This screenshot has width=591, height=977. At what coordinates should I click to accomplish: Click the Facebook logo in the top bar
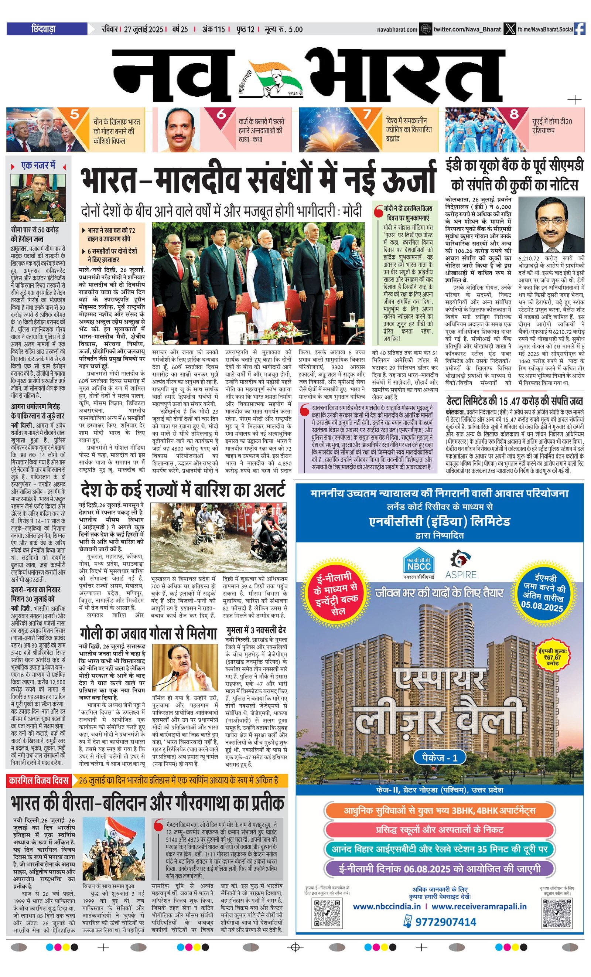(580, 29)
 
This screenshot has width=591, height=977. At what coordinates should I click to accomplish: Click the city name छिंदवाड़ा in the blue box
(44, 29)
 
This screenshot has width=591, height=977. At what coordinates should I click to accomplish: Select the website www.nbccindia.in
(386, 906)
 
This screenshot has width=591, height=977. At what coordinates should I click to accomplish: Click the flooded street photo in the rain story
(218, 537)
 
